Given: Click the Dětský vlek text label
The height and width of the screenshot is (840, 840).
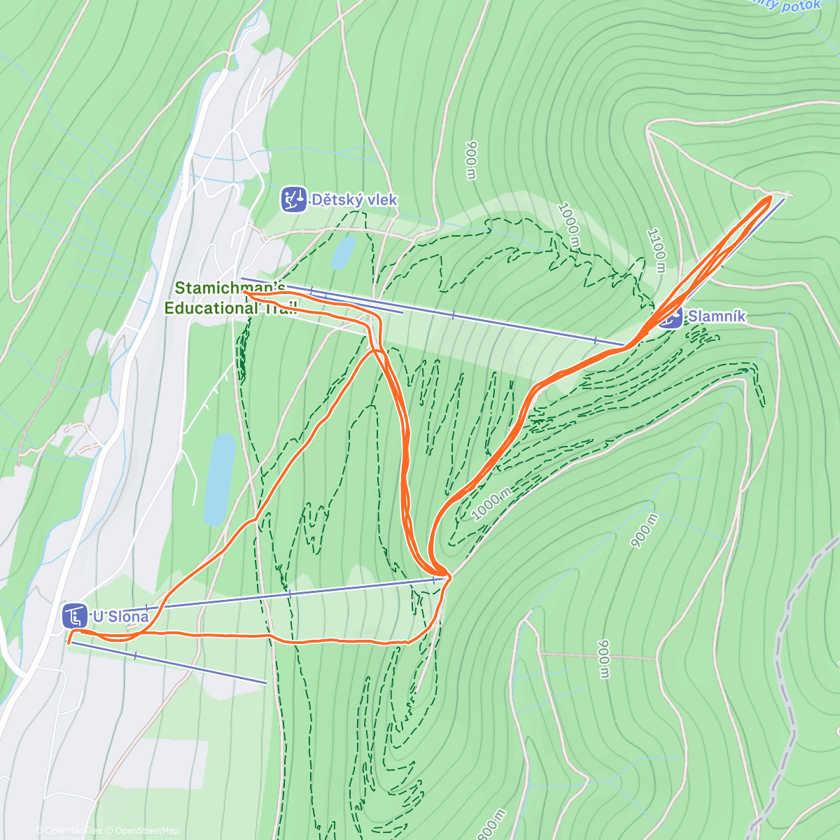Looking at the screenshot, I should click(354, 200).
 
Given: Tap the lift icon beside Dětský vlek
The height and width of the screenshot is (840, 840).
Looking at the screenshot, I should click(293, 199).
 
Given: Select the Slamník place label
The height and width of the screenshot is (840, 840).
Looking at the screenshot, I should click(716, 316).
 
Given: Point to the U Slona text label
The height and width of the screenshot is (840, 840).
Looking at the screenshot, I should click(120, 617).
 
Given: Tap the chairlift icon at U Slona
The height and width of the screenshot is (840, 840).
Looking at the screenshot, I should click(74, 616).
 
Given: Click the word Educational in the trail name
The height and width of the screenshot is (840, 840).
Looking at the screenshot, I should click(211, 308).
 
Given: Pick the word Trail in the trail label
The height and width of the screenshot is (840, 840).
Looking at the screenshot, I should click(281, 308).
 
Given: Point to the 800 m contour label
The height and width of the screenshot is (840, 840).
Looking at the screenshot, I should click(491, 824).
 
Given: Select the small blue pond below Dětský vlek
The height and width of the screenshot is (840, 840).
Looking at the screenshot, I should click(343, 253).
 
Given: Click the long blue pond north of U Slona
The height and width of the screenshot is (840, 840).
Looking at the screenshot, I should click(220, 479).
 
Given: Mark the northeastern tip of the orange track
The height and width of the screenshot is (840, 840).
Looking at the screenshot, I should click(769, 198).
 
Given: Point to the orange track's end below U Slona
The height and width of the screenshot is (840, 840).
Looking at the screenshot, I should click(69, 641).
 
